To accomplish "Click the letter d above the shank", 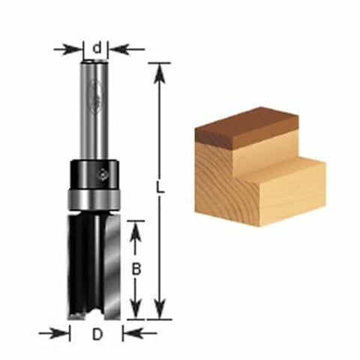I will pyautogui.click(x=97, y=49).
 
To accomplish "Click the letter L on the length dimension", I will pyautogui.click(x=159, y=190).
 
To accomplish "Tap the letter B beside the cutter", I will pyautogui.click(x=135, y=268).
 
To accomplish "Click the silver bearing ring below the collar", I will pyautogui.click(x=93, y=199).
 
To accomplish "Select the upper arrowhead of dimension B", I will pyautogui.click(x=135, y=229).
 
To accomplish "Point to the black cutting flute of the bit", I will pyautogui.click(x=82, y=262).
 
